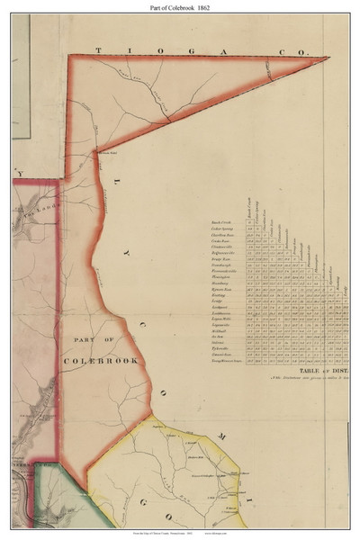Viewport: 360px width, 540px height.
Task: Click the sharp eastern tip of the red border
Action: pyautogui.click(x=328, y=58)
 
